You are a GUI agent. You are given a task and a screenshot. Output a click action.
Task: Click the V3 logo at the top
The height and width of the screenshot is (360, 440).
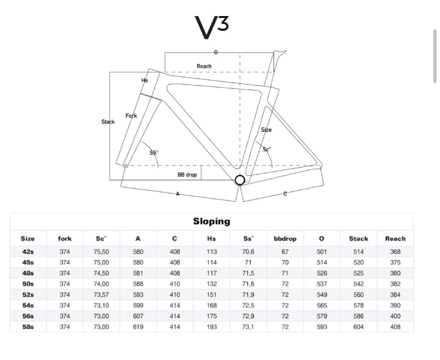click(x=212, y=27)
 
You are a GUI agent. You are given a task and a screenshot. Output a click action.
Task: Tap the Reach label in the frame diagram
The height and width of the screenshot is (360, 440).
click(x=204, y=66)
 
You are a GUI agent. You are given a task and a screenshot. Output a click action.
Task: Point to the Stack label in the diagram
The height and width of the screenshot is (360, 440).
click(x=108, y=122)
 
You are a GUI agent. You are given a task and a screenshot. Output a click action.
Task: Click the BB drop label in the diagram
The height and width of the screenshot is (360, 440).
click(x=187, y=175)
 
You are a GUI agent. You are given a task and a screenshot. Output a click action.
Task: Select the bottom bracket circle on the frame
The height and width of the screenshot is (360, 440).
click(x=240, y=180)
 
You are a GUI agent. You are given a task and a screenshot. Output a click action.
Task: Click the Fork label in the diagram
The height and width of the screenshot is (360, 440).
click(x=131, y=115)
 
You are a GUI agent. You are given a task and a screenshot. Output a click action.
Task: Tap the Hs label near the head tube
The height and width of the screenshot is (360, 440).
click(x=144, y=80)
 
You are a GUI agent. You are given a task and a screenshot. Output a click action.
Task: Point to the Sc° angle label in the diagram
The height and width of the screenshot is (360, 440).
click(x=267, y=149)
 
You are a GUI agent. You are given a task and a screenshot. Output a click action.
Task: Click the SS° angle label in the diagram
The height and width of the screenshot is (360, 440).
click(x=154, y=153)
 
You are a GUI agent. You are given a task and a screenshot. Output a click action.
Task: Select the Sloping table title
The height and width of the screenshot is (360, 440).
click(x=212, y=222)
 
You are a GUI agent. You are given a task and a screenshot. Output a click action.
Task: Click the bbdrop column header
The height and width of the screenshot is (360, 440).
click(x=285, y=239)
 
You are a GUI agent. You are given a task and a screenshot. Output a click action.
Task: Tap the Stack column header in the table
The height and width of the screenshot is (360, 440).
click(x=359, y=239)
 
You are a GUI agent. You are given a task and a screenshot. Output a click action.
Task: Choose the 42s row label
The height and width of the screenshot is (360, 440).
click(x=28, y=252)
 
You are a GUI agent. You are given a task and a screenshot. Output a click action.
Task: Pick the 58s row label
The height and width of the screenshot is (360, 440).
click(x=28, y=327)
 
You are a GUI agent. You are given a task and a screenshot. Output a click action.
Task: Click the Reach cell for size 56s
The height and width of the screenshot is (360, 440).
click(x=395, y=316)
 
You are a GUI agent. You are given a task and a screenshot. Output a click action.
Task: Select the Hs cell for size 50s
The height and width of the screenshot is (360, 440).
click(x=212, y=284)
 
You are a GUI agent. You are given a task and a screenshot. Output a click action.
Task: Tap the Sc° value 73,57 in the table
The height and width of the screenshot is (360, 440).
click(x=101, y=295)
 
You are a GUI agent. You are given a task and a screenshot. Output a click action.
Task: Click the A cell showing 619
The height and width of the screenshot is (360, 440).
click(x=138, y=327)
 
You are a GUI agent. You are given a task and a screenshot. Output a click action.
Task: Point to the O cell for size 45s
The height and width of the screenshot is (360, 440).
click(x=322, y=262)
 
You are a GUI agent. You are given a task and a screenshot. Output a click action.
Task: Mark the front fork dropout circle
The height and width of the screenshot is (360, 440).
click(x=126, y=166)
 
